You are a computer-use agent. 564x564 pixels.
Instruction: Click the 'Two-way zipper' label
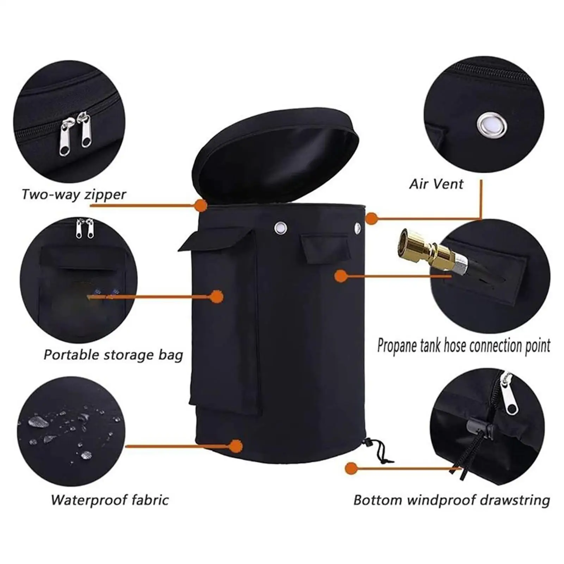click(x=74, y=194)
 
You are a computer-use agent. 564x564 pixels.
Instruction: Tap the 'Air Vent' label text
click(x=436, y=184)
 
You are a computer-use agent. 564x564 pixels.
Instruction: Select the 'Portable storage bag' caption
click(x=113, y=355)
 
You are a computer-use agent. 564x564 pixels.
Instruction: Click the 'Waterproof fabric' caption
click(x=110, y=500)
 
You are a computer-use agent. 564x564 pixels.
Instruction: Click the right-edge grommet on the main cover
click(x=358, y=227)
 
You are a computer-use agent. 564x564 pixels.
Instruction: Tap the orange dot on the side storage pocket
click(x=217, y=297)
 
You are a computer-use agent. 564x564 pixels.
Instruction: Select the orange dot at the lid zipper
click(x=201, y=205)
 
